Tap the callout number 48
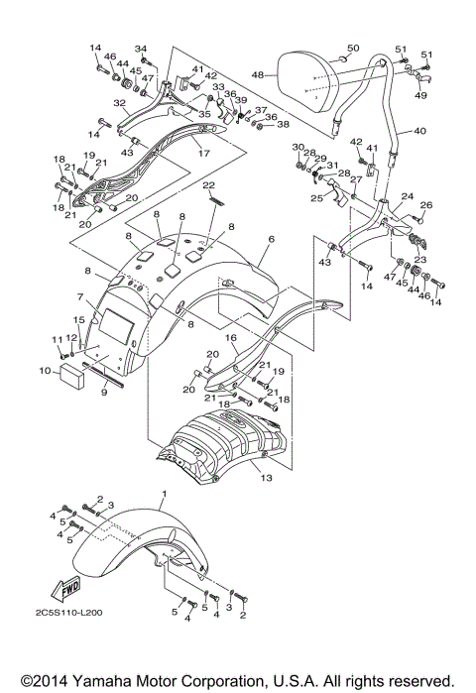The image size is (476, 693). pos(256,74)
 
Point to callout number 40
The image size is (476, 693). pos(418,131)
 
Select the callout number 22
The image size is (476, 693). pos(208,185)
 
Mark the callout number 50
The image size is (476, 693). pos(352,47)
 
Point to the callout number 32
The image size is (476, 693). pos(118,102)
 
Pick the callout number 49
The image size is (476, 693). pos(420,95)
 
